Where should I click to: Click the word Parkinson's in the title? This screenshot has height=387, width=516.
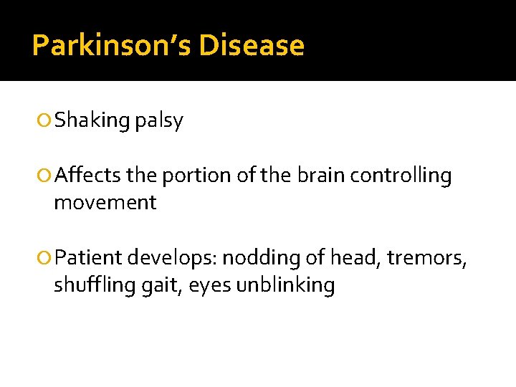[x=112, y=46]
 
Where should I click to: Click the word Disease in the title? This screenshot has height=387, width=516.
[x=252, y=46]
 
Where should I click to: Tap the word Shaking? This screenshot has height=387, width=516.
[x=91, y=121]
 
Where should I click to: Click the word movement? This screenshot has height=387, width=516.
[x=105, y=203]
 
